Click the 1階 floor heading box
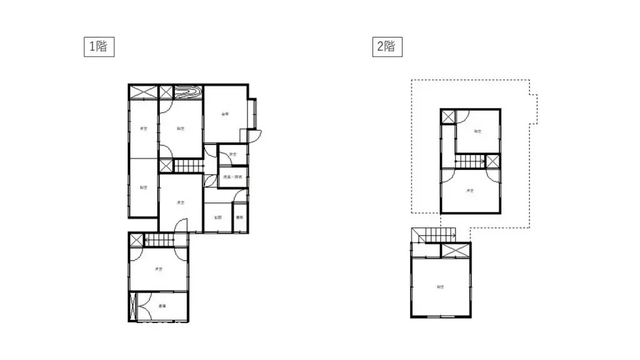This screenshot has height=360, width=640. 99,46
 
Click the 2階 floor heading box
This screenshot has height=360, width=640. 386,46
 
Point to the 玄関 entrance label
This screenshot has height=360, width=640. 217,217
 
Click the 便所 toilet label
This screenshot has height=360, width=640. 239,217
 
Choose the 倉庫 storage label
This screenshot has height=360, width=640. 162,306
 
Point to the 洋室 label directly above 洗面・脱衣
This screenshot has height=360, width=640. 232,154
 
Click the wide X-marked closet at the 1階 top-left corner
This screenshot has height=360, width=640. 143,92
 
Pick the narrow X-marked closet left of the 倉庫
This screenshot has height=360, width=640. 132,306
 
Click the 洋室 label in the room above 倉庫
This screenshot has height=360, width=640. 159,269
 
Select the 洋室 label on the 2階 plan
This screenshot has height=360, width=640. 469,191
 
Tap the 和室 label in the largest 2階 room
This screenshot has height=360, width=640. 440,287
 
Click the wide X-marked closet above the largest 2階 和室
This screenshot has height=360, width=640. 455,250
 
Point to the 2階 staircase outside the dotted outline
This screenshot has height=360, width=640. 432,235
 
